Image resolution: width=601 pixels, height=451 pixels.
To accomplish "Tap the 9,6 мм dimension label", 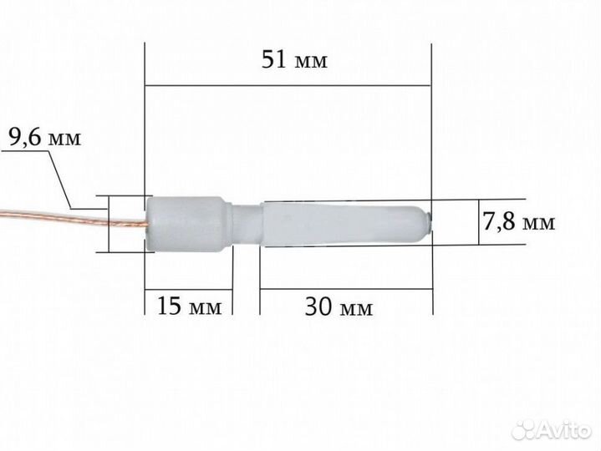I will [x=44, y=139].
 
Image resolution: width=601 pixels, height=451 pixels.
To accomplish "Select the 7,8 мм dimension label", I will [x=519, y=222].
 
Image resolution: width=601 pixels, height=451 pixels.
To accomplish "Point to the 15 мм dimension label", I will [x=190, y=307].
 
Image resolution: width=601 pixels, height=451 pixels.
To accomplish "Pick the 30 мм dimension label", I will [x=338, y=307].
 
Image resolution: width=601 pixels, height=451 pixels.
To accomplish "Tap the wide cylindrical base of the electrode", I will [x=186, y=224].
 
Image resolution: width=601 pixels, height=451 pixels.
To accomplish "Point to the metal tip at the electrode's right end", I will [x=430, y=220].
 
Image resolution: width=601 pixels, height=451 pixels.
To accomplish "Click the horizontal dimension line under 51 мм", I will [x=288, y=85].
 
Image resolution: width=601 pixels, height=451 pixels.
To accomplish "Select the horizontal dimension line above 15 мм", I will [x=189, y=288].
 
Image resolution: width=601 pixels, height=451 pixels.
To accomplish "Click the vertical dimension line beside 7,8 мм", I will [x=479, y=222].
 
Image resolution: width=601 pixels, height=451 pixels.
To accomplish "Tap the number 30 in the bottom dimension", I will [x=318, y=307].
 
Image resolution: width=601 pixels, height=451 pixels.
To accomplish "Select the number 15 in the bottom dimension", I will [x=171, y=307].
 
